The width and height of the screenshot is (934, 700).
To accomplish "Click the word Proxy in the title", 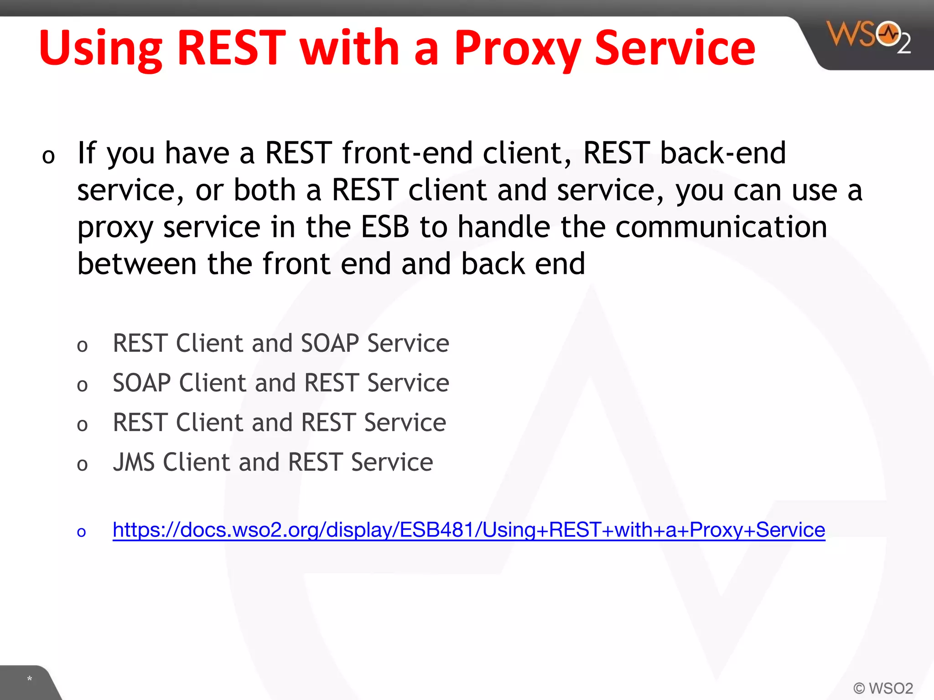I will pos(517,49).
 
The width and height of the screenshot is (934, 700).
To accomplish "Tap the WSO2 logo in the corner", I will pos(868,37).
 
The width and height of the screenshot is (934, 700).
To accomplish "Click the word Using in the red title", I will pos(100,49).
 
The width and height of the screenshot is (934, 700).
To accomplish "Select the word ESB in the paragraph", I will pos(385,227).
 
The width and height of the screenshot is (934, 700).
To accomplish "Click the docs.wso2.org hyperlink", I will pos(468,530).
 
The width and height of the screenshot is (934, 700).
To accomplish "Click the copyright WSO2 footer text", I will pos(882,688).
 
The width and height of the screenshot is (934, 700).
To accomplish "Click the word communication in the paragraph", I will pos(721,227).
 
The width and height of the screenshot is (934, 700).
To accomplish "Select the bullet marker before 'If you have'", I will pos(48,156).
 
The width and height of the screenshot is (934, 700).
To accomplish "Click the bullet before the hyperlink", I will pos(82,532).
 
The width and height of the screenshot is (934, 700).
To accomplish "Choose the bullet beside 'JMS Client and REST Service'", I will pos(82,465).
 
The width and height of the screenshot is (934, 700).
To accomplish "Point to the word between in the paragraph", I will pos(137,264).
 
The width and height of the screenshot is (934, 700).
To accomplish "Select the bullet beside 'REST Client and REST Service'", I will pos(82,425).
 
